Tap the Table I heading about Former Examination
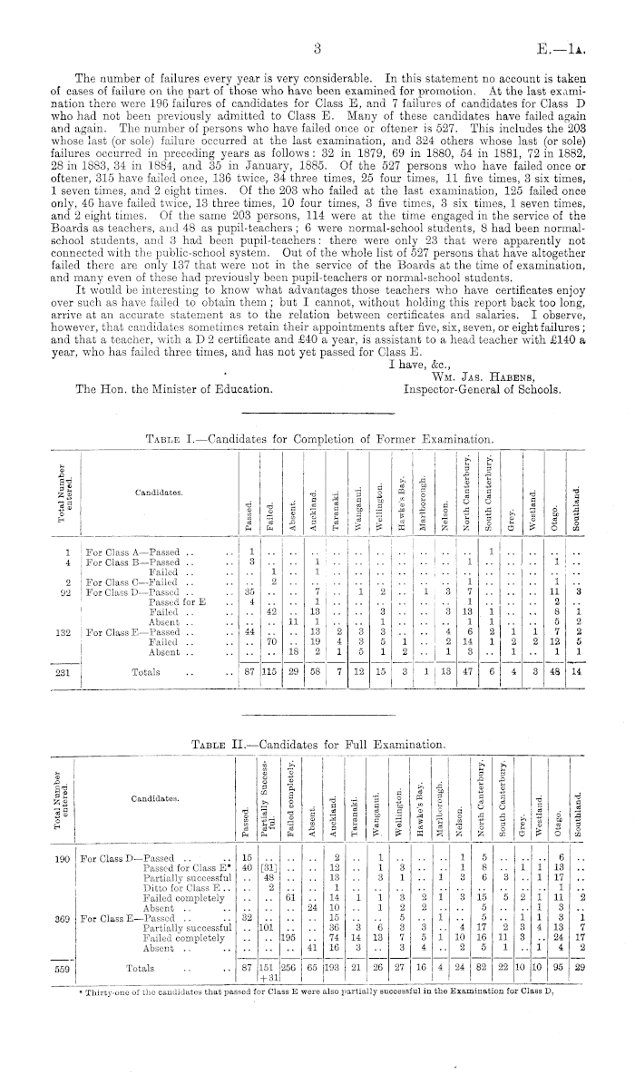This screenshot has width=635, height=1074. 309,439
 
